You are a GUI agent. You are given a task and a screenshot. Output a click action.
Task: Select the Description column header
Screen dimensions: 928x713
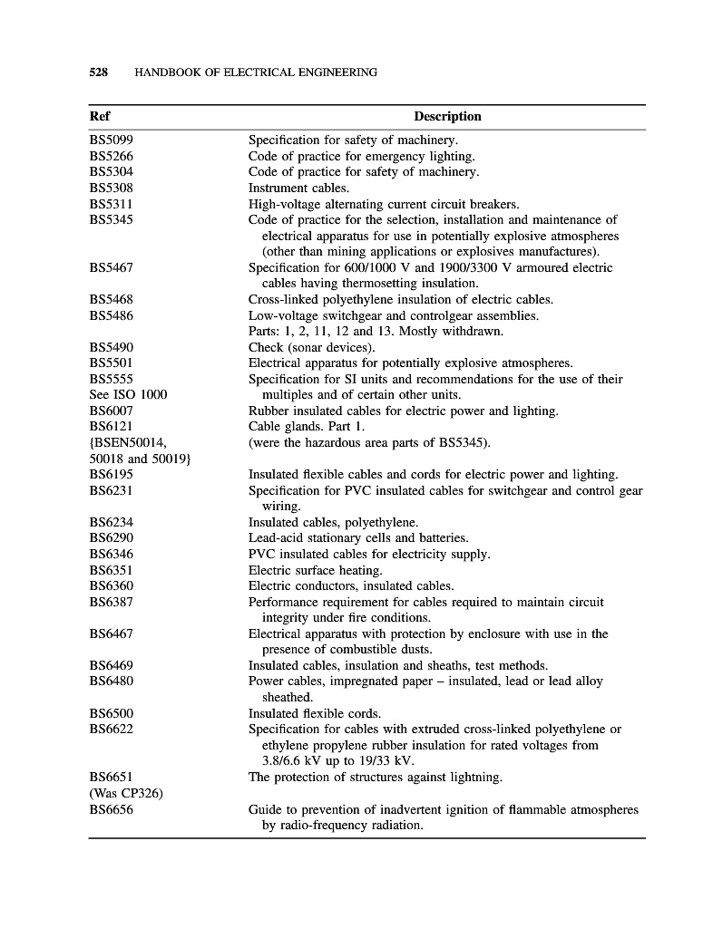pos(447,117)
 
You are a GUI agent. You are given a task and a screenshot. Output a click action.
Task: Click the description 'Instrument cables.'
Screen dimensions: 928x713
pos(298,188)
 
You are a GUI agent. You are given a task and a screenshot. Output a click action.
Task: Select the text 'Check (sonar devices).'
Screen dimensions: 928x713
pos(311,348)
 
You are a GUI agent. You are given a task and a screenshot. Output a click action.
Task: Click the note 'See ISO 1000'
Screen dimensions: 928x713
pos(128,395)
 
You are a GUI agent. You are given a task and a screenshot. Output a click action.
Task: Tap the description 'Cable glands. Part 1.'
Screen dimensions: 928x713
pos(307,427)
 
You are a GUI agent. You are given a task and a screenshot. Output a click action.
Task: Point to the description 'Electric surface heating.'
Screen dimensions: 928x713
pos(316,571)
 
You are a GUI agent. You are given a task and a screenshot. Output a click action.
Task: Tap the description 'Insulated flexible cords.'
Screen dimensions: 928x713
pos(315,714)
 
